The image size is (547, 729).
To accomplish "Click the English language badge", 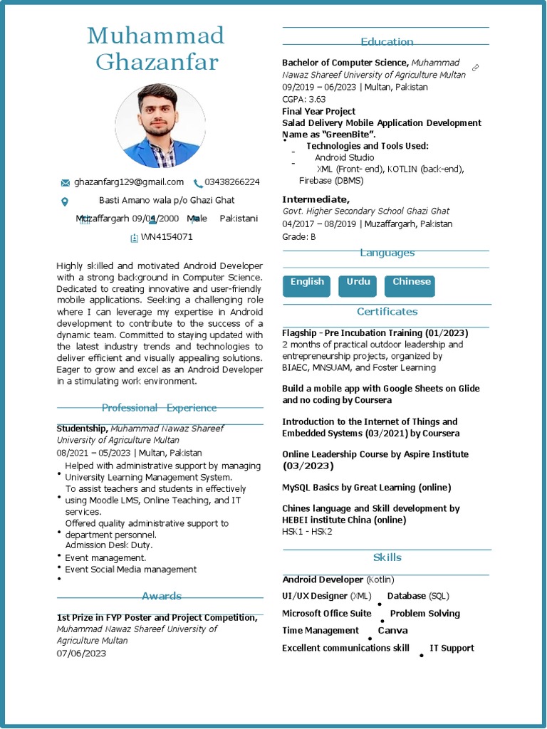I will [307, 285].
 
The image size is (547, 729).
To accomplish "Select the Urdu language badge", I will [358, 285].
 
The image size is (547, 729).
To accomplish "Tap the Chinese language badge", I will [410, 285].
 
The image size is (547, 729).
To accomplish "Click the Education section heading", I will [387, 42].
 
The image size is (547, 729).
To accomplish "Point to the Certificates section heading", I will [387, 312].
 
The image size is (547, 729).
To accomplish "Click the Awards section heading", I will [162, 596].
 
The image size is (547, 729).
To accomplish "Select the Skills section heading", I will [387, 557].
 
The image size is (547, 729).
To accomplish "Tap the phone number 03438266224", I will [232, 182].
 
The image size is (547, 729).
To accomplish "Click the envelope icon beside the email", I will [66, 183].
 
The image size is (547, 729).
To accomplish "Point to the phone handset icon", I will [198, 183].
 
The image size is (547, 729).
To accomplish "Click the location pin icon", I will [65, 201].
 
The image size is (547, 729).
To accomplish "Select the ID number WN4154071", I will [167, 237].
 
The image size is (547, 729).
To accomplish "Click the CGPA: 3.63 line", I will [303, 99].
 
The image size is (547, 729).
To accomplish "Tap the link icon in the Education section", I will [475, 68].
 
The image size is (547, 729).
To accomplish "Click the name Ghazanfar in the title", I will [157, 62].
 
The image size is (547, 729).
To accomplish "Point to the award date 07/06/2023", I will [81, 653].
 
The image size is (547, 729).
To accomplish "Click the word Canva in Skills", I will [392, 631].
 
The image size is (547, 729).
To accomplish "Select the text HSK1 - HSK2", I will [307, 532].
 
